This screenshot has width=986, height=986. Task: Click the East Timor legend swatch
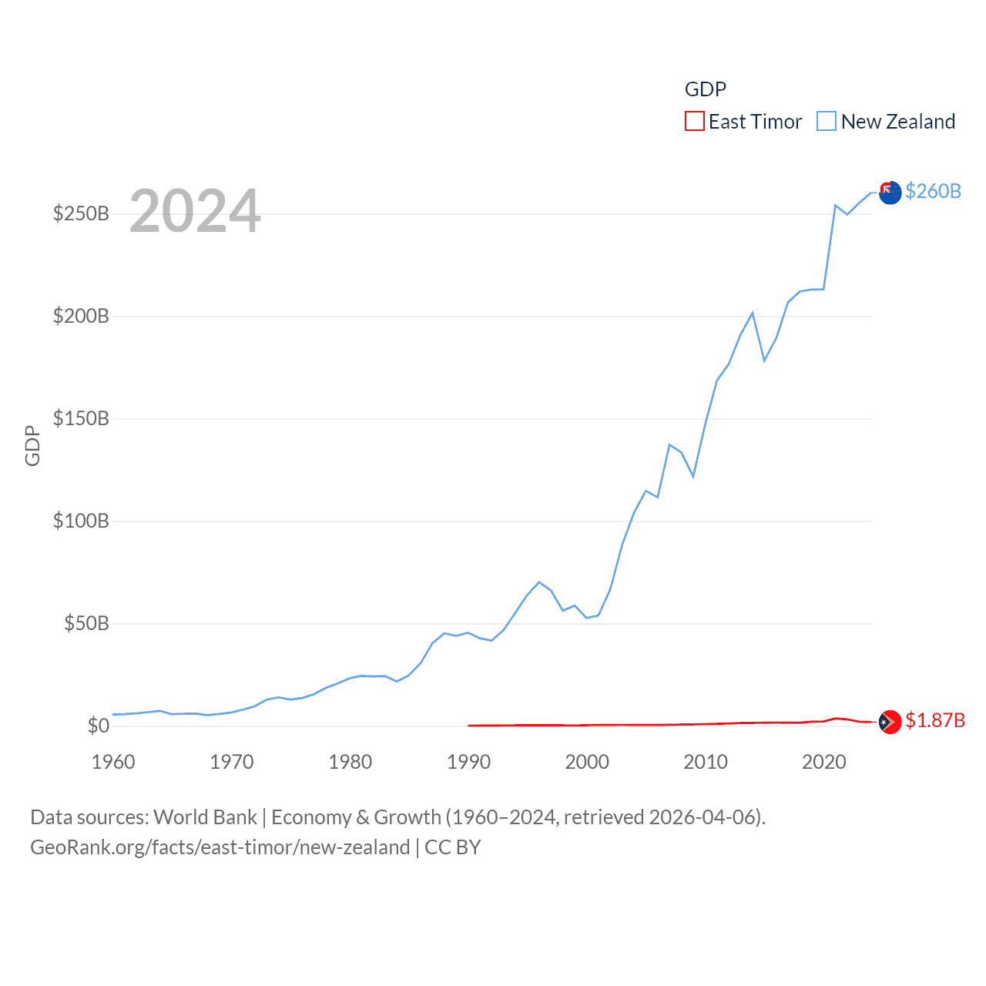694,122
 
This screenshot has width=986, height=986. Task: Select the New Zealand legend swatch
827,122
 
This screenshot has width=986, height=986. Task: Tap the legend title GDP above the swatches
706,89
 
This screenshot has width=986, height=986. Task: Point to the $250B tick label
81,213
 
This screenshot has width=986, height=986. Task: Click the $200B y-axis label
81,316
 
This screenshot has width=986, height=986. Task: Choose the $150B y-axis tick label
81,418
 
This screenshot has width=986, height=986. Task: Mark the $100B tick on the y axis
81,521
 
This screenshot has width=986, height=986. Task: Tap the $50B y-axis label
86,623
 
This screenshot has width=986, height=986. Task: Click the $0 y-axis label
98,726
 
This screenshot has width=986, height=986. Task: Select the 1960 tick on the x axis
113,762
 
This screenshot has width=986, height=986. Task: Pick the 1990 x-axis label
468,762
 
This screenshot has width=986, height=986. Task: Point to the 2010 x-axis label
706,762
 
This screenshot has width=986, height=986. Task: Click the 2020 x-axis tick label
824,762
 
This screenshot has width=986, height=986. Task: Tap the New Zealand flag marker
890,193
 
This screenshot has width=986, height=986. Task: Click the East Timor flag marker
890,722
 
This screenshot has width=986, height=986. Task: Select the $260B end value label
933,191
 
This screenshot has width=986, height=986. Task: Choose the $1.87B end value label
935,720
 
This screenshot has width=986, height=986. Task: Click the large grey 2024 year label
195,211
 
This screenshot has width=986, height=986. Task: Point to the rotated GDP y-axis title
32,445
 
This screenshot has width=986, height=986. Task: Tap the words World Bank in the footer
205,817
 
